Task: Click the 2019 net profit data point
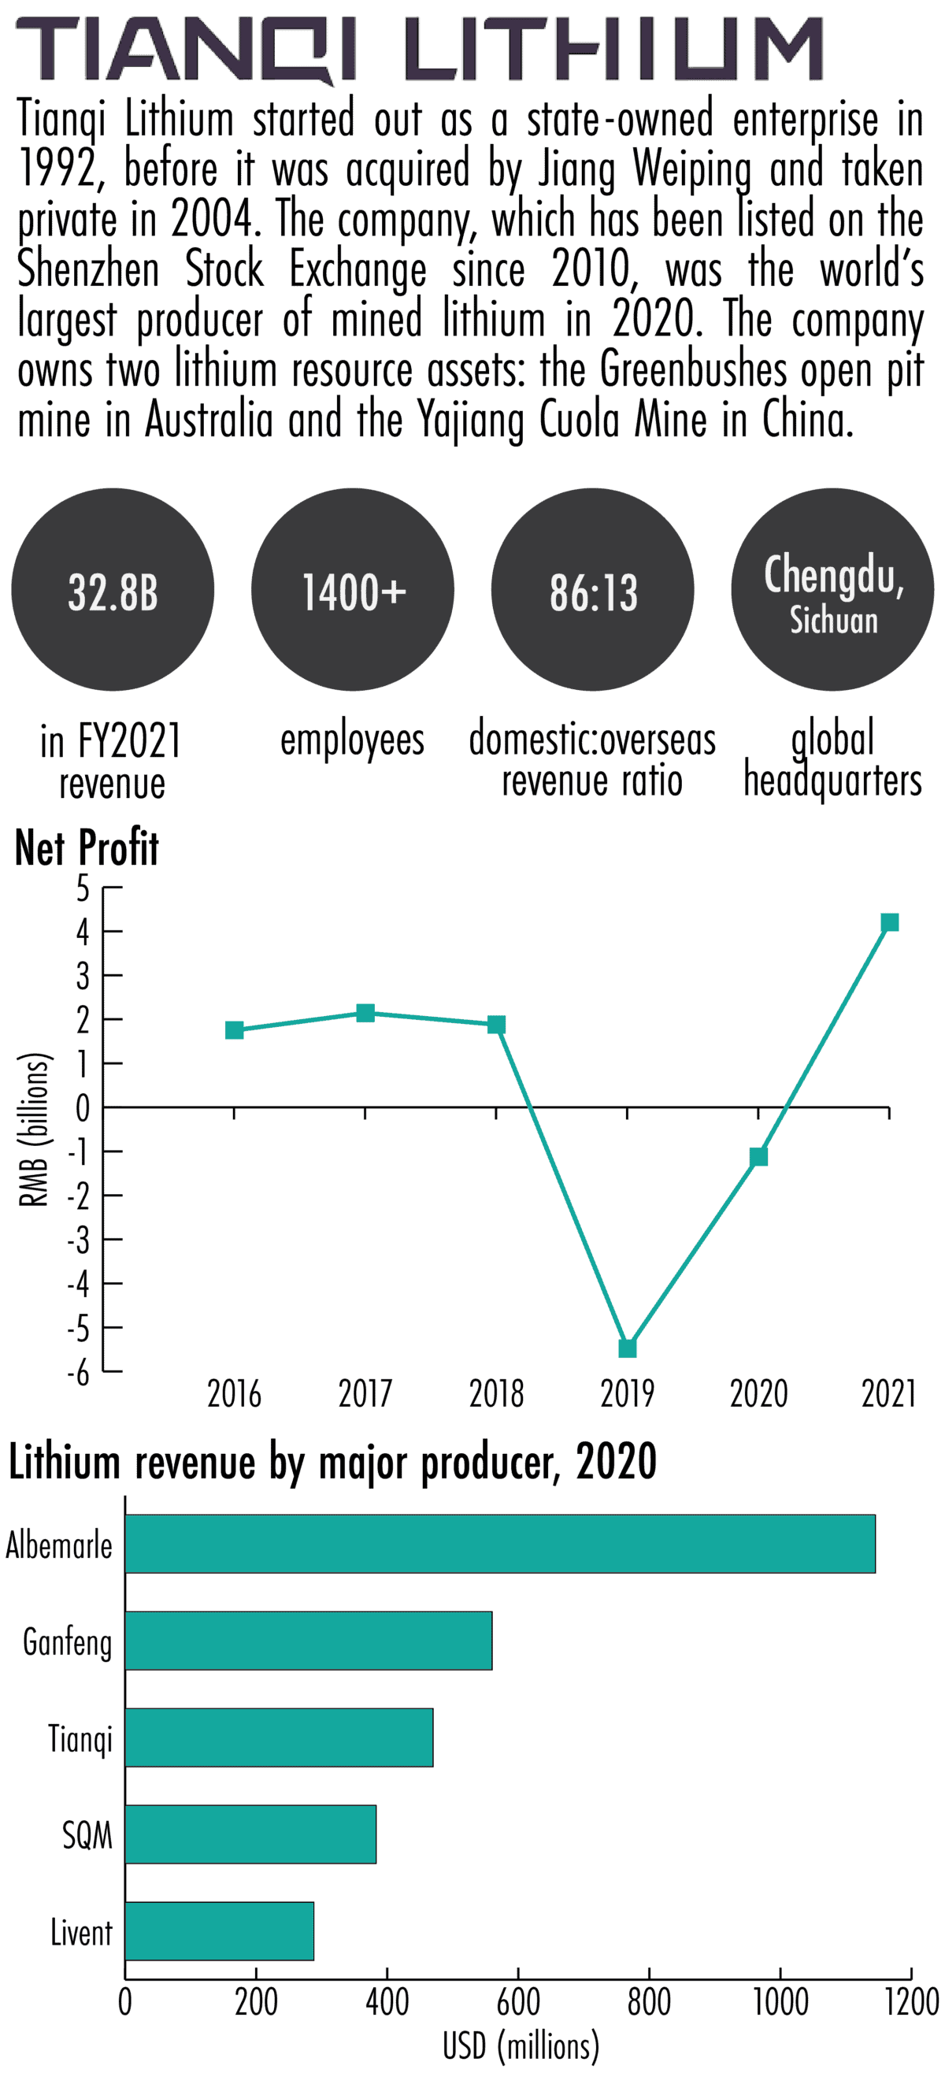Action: coord(627,1348)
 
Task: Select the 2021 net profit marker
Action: coord(888,922)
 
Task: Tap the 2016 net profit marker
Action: coord(234,1030)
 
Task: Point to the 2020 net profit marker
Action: coord(758,1156)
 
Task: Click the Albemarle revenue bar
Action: coord(499,1544)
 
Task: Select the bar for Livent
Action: coord(219,1930)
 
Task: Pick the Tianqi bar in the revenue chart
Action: coord(279,1737)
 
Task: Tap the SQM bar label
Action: coord(87,1835)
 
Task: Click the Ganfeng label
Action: coord(68,1641)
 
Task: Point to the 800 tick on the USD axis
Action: coord(649,2001)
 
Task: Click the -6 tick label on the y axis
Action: coord(78,1373)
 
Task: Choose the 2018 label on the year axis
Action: coord(496,1394)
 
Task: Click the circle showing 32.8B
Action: coord(113,590)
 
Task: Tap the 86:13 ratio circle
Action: coord(592,590)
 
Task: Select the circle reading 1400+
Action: coord(353,590)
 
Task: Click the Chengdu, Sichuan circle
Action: coord(832,590)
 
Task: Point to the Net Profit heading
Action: coord(87,847)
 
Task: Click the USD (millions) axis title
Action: coord(521,2045)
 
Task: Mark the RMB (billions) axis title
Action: coord(35,1130)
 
